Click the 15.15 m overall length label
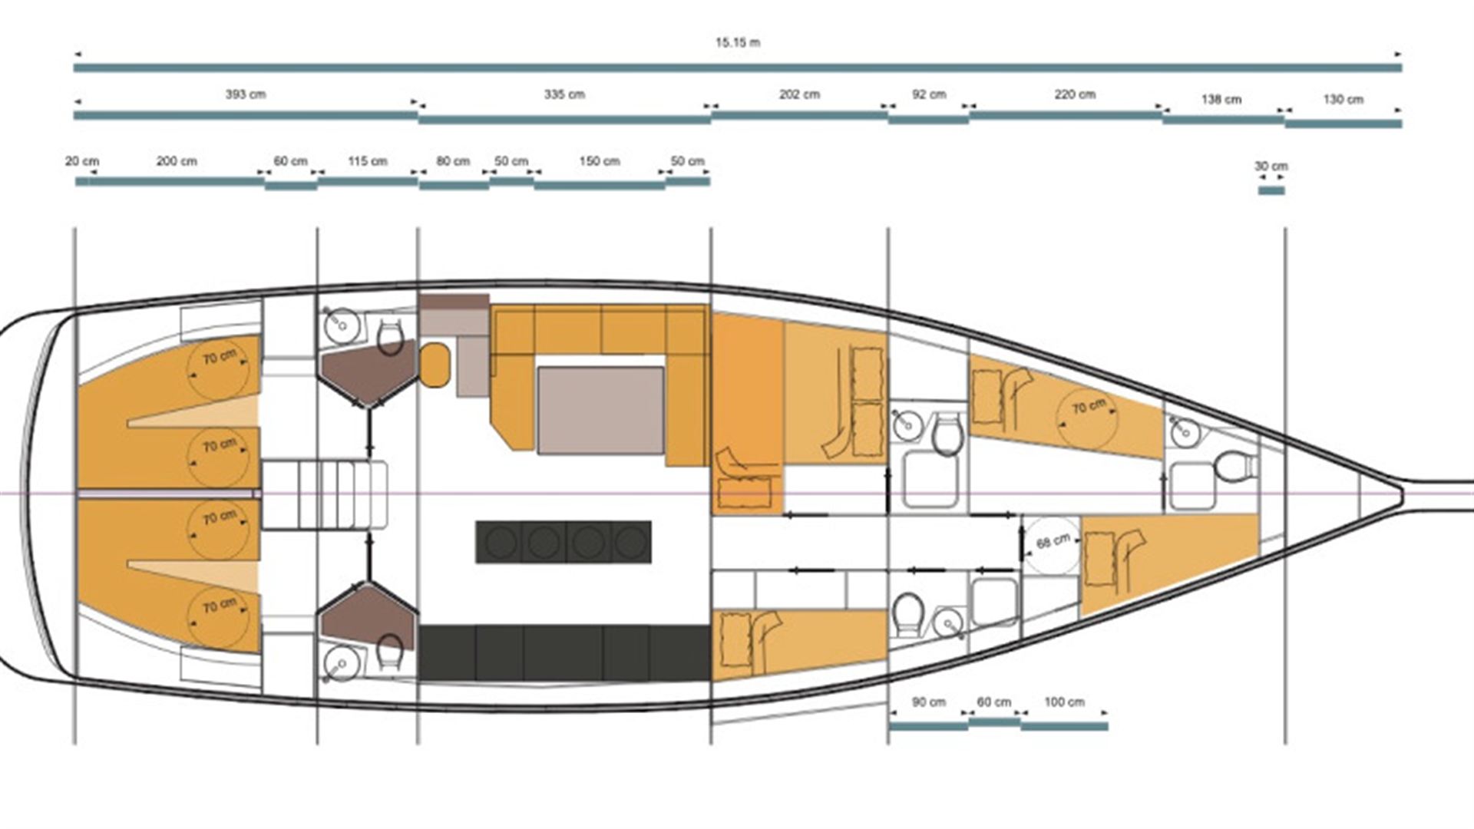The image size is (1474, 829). (x=738, y=42)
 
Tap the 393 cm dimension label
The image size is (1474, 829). (x=246, y=94)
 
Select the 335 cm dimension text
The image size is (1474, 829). (x=564, y=94)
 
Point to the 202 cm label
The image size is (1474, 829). (x=799, y=94)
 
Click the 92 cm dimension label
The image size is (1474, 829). (x=929, y=94)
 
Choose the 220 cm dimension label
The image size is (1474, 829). (x=1075, y=94)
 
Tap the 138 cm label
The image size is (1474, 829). (x=1221, y=99)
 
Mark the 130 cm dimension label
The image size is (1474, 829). (x=1343, y=99)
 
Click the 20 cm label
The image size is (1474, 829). (x=82, y=161)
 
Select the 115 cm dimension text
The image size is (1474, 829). (x=368, y=161)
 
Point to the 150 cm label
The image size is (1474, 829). (x=600, y=161)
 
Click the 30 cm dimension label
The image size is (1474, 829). (x=1271, y=166)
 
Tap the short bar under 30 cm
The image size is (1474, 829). (x=1271, y=190)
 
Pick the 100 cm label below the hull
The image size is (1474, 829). (x=1065, y=702)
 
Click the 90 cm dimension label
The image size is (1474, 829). (x=929, y=702)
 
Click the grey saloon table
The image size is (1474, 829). (x=601, y=411)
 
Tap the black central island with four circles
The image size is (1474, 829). (x=563, y=542)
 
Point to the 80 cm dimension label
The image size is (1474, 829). (x=453, y=161)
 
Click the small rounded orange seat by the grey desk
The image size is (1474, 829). (x=435, y=365)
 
